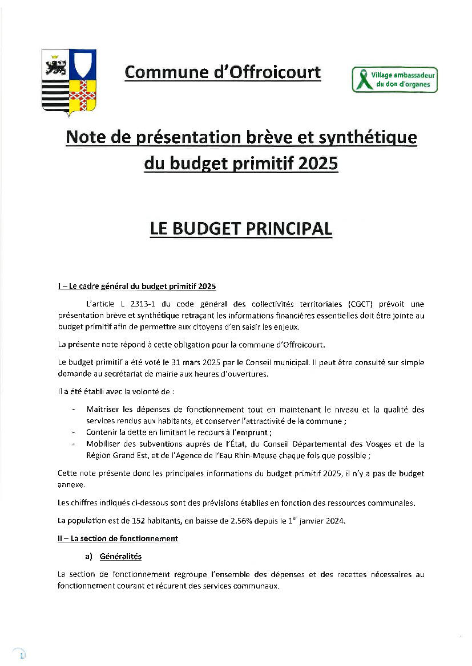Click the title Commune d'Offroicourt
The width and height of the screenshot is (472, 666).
223,72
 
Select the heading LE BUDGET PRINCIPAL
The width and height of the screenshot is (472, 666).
240,228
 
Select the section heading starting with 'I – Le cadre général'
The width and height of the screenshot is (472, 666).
136,286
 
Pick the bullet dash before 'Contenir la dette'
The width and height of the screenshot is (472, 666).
73,432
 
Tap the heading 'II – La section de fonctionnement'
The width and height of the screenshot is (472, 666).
118,538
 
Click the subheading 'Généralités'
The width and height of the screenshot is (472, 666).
120,556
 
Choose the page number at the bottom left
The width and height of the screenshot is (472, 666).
21,656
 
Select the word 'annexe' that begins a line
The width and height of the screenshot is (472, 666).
71,484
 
